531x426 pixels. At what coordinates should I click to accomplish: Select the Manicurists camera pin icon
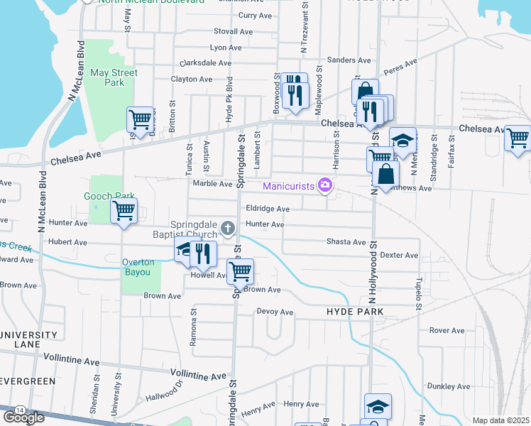(x=325, y=185)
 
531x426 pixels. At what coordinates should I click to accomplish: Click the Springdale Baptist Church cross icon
(x=227, y=228)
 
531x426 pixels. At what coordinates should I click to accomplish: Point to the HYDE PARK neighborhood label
(x=355, y=312)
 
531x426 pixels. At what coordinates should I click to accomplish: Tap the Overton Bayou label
(x=136, y=267)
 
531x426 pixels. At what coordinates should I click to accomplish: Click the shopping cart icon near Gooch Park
(x=124, y=211)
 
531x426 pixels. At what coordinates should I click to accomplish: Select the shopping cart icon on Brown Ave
(x=241, y=271)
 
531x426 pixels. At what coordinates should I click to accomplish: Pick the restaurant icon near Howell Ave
(x=204, y=252)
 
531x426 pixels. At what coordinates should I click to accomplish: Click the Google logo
(x=23, y=417)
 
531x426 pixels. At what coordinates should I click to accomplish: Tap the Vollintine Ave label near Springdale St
(x=199, y=375)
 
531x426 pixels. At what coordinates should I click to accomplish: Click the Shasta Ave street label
(x=346, y=242)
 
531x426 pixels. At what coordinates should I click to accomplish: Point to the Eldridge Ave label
(x=268, y=209)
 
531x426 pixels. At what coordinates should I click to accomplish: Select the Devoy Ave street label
(x=275, y=312)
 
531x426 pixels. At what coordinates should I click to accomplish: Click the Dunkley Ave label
(x=449, y=386)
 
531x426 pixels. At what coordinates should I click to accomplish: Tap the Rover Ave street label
(x=447, y=330)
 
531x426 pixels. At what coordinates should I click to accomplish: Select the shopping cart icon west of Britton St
(x=140, y=119)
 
